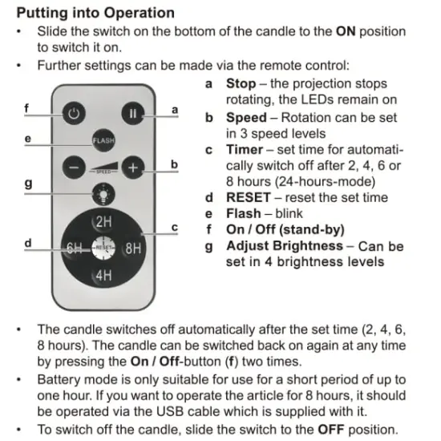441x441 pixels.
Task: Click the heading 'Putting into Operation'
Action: click(x=95, y=13)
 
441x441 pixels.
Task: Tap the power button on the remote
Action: click(x=74, y=114)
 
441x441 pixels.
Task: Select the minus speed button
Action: click(x=74, y=168)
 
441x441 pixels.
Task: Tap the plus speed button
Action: click(x=133, y=168)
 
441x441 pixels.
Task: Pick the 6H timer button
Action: click(x=75, y=248)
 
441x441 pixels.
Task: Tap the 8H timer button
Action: click(x=132, y=248)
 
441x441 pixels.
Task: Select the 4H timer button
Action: click(x=103, y=275)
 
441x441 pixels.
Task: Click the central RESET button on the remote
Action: click(x=103, y=248)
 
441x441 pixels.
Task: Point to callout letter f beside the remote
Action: click(x=26, y=107)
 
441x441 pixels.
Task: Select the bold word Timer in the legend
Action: click(x=245, y=149)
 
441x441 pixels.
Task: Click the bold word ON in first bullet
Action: click(x=346, y=31)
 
